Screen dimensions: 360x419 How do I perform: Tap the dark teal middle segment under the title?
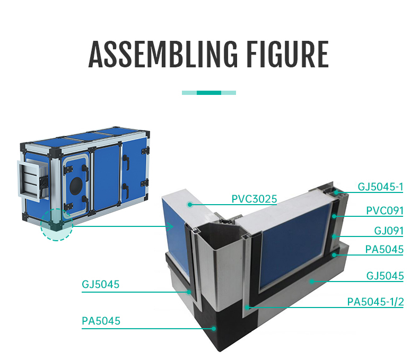[209, 93]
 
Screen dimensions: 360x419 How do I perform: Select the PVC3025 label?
[254, 199]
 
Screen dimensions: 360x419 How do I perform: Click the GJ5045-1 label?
[380, 187]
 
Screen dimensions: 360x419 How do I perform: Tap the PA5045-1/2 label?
[376, 302]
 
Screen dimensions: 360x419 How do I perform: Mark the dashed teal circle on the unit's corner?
[56, 225]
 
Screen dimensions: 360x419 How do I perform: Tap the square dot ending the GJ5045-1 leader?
[335, 190]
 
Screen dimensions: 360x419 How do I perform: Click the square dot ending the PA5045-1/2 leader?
[246, 306]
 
